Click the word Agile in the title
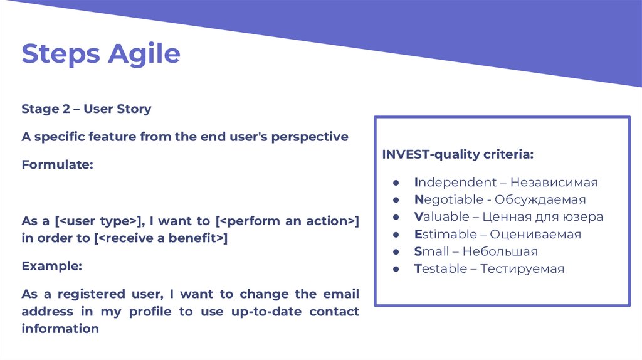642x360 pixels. tap(144, 55)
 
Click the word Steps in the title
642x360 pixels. tap(61, 55)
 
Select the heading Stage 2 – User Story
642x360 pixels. tap(87, 109)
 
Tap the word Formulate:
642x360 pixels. tap(57, 165)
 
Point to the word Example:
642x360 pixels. tap(52, 266)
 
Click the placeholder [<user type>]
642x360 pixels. tap(98, 221)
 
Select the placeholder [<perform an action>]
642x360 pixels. tap(287, 221)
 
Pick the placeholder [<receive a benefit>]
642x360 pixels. tap(161, 238)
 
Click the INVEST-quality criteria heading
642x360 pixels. tap(458, 154)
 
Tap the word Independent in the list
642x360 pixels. tap(455, 182)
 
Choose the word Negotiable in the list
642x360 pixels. tap(449, 199)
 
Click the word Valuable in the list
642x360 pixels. tap(442, 216)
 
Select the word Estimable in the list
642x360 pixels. tap(446, 235)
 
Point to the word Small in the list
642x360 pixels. tap(431, 251)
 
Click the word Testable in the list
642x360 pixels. tap(441, 268)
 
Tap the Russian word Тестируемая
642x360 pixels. tap(522, 268)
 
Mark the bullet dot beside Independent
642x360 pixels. tap(396, 183)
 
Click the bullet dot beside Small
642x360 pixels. tap(396, 252)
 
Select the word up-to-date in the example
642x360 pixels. tap(266, 312)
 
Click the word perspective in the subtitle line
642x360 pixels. tap(310, 137)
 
